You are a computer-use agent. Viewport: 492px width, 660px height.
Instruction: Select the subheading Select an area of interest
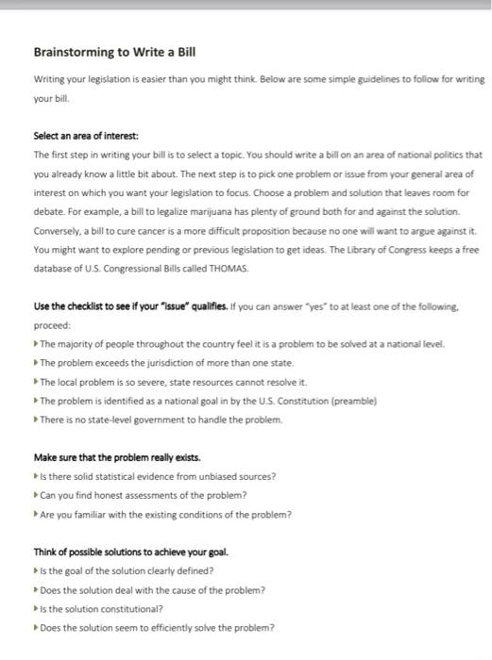tap(86, 137)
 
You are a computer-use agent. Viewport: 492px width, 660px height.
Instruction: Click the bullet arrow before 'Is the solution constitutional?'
tap(36, 609)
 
